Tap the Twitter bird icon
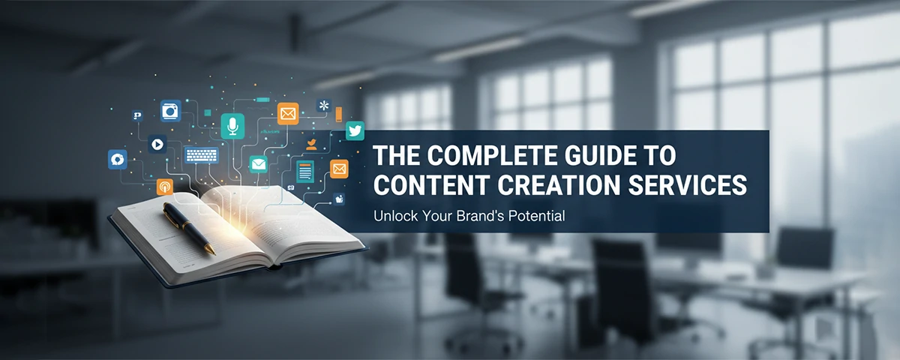coord(355,130)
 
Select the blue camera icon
coord(171,111)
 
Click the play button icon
coord(157,144)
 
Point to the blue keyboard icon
coord(202,155)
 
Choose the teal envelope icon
coord(259,163)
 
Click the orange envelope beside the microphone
coord(288,113)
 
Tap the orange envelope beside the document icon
coord(339,169)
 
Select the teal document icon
coord(305,170)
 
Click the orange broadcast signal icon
coord(164,187)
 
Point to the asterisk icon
coord(324,106)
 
